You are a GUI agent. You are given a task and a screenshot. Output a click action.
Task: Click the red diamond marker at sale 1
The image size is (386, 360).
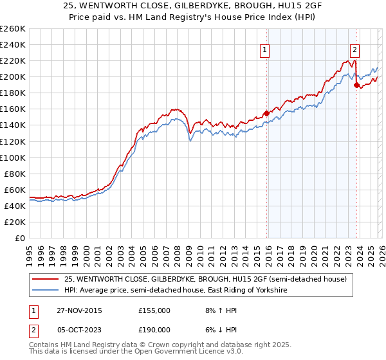[266, 113]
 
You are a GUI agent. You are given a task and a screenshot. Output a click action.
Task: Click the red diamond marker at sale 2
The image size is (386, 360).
[356, 84]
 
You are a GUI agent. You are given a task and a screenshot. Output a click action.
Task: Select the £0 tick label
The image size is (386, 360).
[21, 238]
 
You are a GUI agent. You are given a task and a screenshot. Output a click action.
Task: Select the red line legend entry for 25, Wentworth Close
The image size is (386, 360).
[206, 279]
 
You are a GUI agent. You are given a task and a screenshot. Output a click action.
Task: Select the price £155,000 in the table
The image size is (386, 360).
[154, 310]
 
